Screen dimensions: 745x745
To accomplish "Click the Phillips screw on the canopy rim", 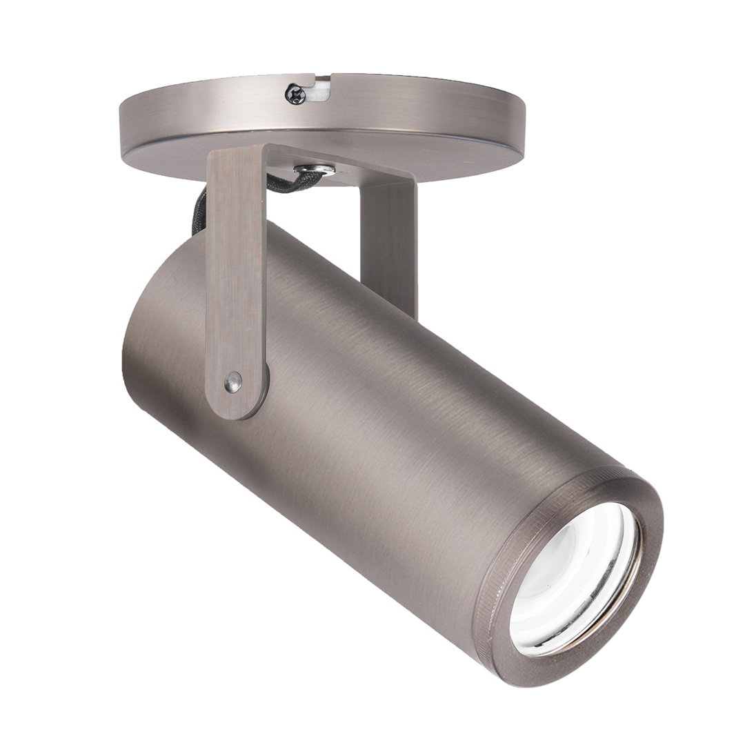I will pyautogui.click(x=295, y=93).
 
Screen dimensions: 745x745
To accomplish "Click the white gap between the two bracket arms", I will pyautogui.click(x=310, y=207).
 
